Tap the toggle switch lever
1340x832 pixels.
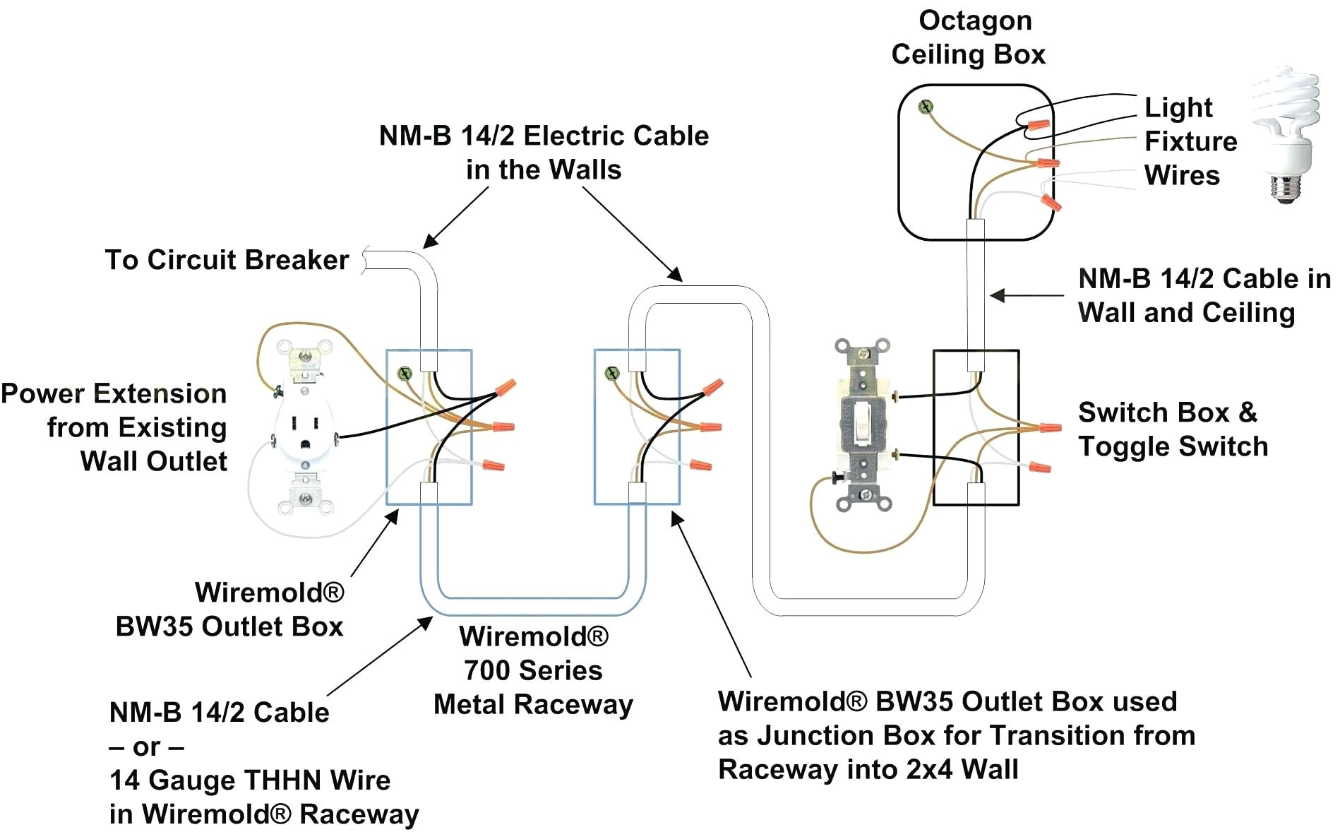coord(862,423)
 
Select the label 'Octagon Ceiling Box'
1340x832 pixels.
coord(969,38)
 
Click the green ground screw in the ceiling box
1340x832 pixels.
coord(926,107)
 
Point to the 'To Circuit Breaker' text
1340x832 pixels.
coord(227,260)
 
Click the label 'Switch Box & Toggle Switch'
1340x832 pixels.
coord(1172,429)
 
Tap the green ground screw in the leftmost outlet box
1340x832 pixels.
coord(405,373)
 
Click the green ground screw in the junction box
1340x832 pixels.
coord(613,372)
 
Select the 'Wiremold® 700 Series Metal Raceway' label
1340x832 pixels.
coord(533,670)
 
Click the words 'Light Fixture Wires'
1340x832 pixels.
coord(1190,141)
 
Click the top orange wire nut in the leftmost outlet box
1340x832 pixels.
coord(506,387)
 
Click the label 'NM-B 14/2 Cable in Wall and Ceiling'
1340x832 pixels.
coord(1203,295)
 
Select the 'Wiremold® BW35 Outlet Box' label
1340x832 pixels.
coord(230,609)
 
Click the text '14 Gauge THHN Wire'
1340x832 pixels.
coord(249,780)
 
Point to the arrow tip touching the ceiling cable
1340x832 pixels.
coord(992,295)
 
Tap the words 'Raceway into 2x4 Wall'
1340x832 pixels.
coord(868,769)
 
